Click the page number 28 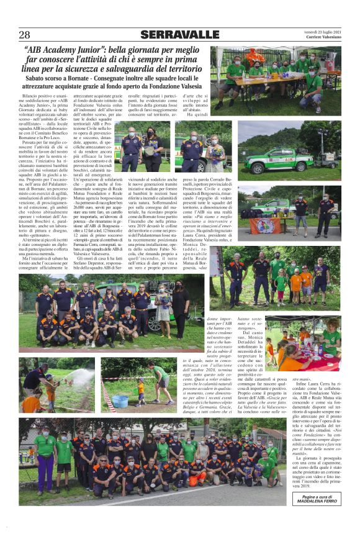point(24,35)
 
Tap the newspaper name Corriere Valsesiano point(323,37)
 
